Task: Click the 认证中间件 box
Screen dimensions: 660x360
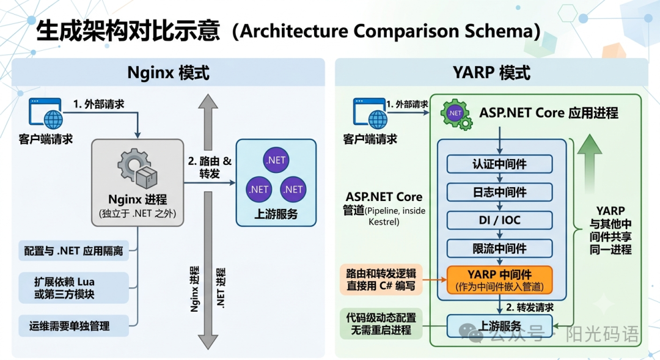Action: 499,164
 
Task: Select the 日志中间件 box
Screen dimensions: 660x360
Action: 499,192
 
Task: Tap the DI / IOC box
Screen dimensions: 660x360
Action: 499,220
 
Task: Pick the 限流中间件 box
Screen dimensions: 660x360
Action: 499,248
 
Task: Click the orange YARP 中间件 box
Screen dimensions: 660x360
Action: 499,280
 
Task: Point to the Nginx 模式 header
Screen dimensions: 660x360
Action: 169,72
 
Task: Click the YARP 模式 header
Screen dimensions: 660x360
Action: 491,72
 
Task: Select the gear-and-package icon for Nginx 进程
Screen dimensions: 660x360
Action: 137,168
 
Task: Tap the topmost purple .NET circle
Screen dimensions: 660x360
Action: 276,160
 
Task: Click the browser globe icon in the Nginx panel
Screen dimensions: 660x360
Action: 45,113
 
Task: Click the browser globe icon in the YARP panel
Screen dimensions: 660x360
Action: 370,113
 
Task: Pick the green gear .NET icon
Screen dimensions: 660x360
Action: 457,114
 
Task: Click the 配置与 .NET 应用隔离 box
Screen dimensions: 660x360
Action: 74,251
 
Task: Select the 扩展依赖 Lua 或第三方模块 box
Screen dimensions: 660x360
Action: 74,288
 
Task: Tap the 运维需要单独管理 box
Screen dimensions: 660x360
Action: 74,326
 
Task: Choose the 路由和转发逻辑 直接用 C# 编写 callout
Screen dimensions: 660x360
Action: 381,279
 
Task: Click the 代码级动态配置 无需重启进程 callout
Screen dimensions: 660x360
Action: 381,323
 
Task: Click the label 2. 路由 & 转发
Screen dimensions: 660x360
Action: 210,167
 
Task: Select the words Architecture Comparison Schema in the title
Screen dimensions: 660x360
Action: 387,31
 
